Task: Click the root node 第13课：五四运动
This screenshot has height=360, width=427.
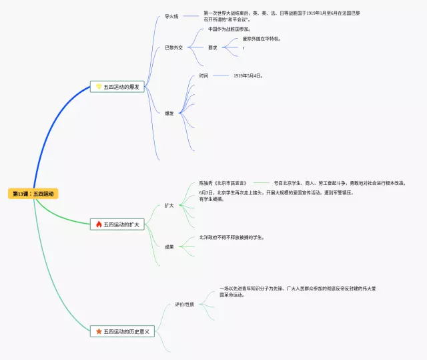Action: (x=33, y=194)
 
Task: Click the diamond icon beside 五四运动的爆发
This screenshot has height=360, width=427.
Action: (x=98, y=87)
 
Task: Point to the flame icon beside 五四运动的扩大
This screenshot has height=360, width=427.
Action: (x=98, y=224)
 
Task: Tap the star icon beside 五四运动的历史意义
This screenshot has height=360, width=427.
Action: (x=98, y=331)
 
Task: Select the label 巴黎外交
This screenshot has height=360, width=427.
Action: (x=173, y=47)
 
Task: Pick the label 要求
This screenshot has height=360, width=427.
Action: (x=212, y=47)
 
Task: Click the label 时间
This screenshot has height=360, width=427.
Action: (x=203, y=75)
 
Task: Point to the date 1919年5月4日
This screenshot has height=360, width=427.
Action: (x=248, y=75)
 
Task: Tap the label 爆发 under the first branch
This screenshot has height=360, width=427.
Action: (x=169, y=113)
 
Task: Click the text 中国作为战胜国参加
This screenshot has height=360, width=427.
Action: (x=230, y=29)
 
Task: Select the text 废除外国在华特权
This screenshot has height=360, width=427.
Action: (x=262, y=39)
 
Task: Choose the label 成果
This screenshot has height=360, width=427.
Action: (x=169, y=246)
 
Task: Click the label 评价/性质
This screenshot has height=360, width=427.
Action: (x=184, y=305)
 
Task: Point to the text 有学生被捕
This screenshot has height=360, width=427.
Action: (x=211, y=199)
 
